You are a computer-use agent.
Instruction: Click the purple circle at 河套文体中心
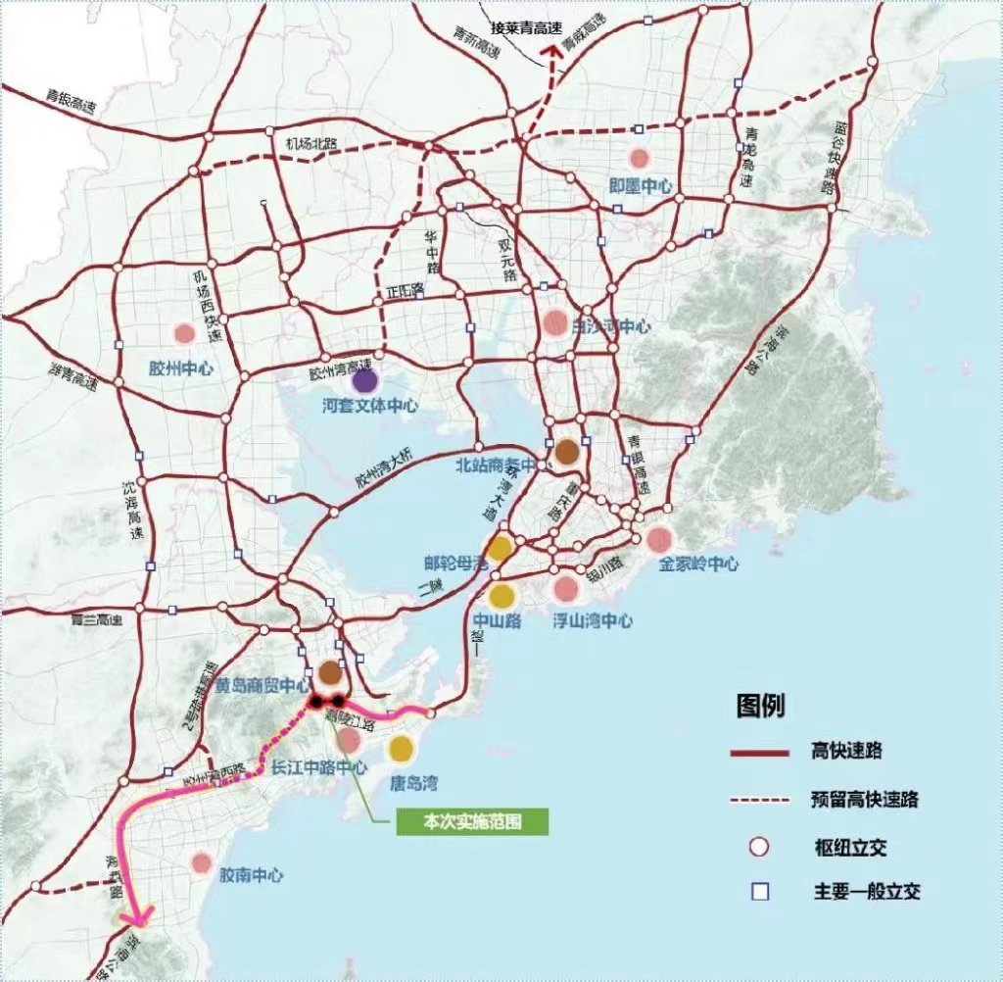(365, 381)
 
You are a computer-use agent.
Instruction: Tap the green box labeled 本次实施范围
(472, 822)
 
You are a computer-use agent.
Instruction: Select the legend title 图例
(760, 706)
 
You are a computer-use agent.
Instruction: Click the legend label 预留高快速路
(864, 799)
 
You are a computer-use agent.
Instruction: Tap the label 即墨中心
(640, 184)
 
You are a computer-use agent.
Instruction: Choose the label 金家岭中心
(697, 564)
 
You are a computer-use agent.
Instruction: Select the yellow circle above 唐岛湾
(401, 749)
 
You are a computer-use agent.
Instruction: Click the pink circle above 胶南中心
(202, 862)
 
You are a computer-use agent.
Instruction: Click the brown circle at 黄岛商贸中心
(331, 672)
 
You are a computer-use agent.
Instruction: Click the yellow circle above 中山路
(502, 595)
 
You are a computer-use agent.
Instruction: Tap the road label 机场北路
(310, 143)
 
